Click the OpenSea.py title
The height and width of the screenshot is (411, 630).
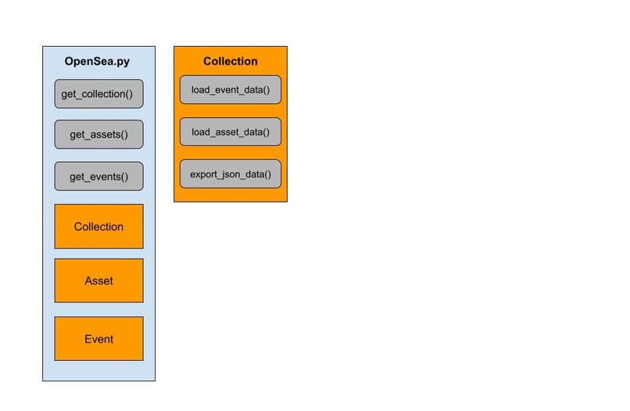tap(98, 62)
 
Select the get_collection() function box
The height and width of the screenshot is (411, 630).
tap(98, 94)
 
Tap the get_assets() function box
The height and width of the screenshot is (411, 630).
tap(98, 134)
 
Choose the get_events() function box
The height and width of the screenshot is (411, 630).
tap(98, 177)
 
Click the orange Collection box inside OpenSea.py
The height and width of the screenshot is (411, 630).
tap(98, 227)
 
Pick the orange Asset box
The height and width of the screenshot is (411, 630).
tap(98, 281)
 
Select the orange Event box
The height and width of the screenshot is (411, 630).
tap(98, 339)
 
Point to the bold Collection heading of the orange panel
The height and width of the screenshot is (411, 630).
tap(230, 62)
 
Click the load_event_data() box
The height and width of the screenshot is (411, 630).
tap(230, 90)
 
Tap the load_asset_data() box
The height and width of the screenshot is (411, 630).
tap(230, 132)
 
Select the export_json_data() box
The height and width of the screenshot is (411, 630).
tap(230, 173)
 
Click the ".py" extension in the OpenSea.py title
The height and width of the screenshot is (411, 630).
tap(123, 62)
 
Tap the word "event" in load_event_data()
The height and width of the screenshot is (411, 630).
tap(227, 90)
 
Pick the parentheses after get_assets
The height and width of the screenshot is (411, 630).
tap(123, 134)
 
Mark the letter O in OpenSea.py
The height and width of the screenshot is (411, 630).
tap(70, 62)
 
